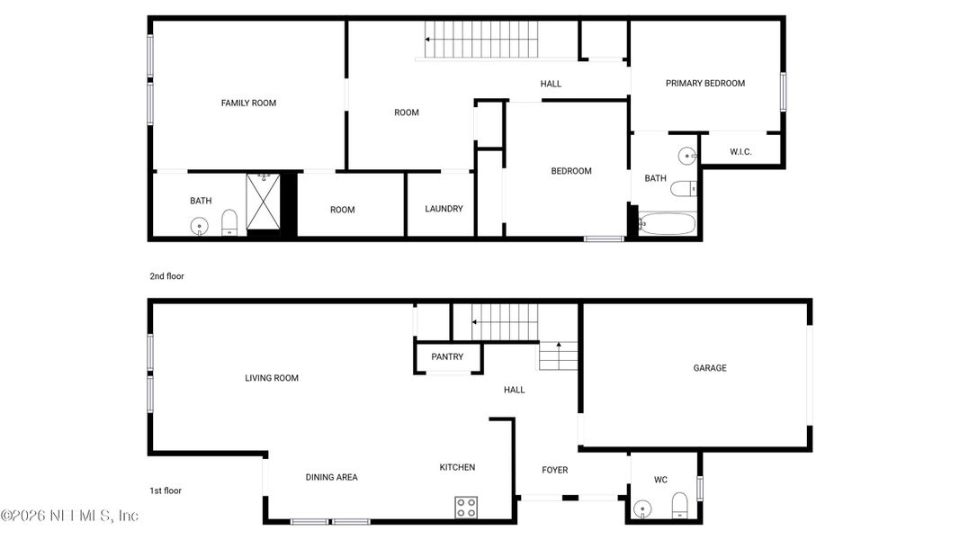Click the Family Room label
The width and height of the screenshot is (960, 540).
pos(248,103)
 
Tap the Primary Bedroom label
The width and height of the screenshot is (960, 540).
pos(705,84)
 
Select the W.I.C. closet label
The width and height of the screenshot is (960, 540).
pos(740,152)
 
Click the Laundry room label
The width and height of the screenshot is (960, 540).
pos(444,209)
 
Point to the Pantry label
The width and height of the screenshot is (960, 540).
pos(447,357)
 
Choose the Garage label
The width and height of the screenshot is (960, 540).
pos(709,368)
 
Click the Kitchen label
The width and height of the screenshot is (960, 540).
pos(457,467)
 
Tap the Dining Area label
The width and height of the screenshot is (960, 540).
pos(331,477)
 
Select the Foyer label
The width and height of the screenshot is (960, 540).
pos(554,470)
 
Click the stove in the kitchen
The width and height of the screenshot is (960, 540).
pos(466,507)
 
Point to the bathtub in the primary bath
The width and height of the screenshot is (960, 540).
pos(667,223)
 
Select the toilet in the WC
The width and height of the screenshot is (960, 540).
pos(680,505)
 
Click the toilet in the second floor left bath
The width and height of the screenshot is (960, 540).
pos(229,222)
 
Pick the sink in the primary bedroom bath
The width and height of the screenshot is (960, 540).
pos(687,157)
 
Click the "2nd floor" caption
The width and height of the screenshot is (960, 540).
pos(166,276)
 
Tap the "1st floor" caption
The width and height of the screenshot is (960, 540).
pos(166,490)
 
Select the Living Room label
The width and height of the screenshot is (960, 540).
pos(272,378)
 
